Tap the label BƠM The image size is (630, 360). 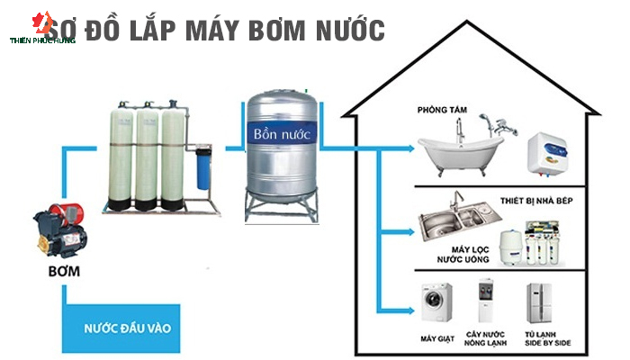[x=64, y=272]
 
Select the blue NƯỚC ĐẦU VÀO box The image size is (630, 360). [x=121, y=328]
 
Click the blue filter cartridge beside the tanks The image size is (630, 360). [x=203, y=168]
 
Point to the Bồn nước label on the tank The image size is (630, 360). [x=282, y=134]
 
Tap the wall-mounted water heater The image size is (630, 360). [x=547, y=155]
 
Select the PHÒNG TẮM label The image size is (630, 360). [x=442, y=110]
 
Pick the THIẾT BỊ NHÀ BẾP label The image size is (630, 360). [x=536, y=201]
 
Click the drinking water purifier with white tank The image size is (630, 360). [x=530, y=244]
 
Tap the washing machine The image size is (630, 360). [x=436, y=302]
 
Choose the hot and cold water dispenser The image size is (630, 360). [x=485, y=300]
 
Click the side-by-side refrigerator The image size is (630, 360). [x=540, y=303]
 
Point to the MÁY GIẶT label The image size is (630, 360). [x=437, y=338]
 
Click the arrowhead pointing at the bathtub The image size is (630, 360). [x=410, y=148]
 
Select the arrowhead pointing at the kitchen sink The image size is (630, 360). [x=410, y=232]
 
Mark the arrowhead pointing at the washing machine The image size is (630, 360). [x=410, y=310]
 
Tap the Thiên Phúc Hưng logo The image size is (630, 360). [x=42, y=28]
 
